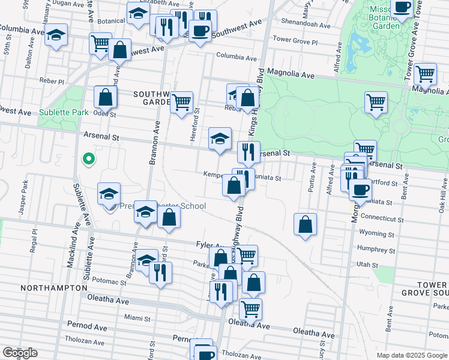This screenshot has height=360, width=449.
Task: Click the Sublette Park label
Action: [x=64, y=112]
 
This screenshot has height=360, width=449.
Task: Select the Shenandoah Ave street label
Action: [x=308, y=26]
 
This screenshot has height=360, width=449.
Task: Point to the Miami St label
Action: [x=137, y=317]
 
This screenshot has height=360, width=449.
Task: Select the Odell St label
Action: [x=104, y=113]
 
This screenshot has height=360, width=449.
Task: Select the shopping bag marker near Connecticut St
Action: [x=306, y=225]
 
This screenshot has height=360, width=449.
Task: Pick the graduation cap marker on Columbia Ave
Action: [x=56, y=35]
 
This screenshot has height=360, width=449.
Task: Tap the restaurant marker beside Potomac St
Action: [x=160, y=272]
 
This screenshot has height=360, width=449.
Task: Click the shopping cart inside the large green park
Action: [x=376, y=102]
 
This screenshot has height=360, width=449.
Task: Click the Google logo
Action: [x=19, y=353]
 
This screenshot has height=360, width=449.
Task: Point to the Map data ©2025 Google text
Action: [x=411, y=355]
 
